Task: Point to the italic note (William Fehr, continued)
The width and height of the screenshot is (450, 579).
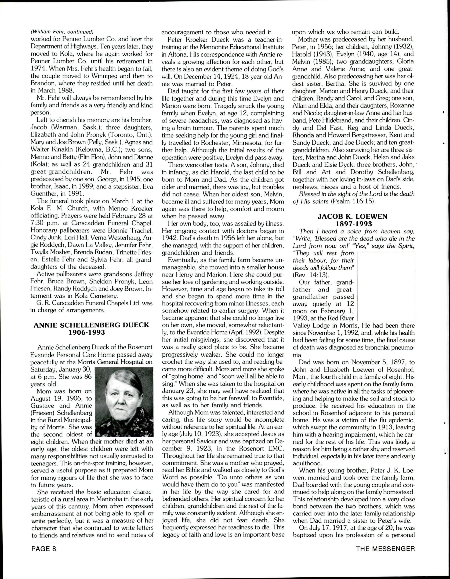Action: pos(62,32)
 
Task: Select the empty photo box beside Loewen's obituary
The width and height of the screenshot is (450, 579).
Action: pos(386,287)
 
